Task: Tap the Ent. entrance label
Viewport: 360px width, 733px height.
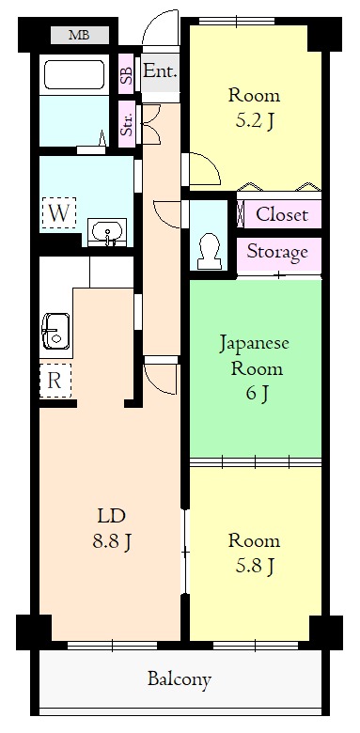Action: (160, 71)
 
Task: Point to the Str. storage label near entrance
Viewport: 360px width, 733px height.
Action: (126, 124)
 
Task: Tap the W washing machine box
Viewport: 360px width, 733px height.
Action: (58, 212)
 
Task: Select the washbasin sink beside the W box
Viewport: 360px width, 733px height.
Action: (107, 231)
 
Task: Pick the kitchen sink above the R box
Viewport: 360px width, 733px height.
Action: (55, 332)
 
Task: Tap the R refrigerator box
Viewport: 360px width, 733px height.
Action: (55, 382)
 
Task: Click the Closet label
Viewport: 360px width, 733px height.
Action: (281, 214)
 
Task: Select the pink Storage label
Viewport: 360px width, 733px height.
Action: (277, 252)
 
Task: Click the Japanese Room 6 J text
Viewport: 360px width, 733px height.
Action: (255, 367)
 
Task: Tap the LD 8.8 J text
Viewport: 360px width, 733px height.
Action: (111, 528)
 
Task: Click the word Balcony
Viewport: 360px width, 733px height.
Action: (179, 678)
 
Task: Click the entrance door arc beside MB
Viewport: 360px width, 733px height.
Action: (156, 38)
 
